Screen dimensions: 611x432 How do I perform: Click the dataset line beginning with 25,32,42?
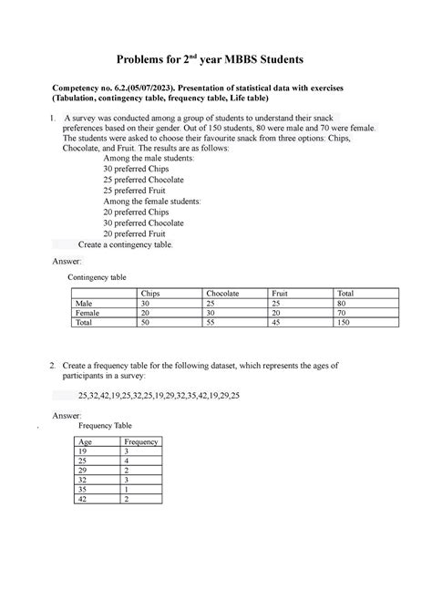(159, 397)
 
